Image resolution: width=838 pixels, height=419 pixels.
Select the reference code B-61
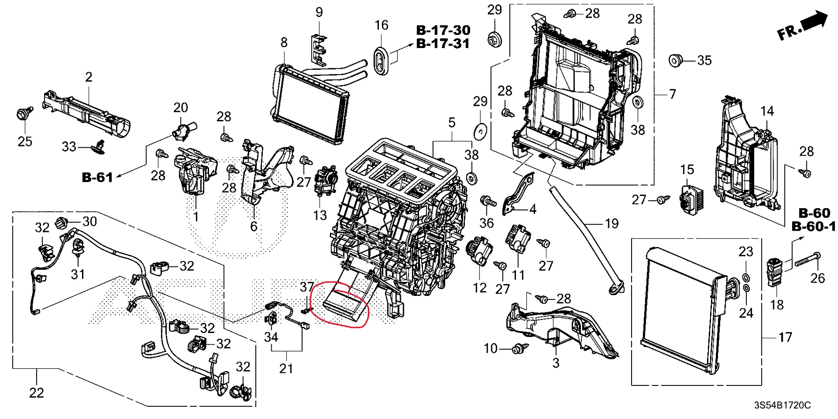97,177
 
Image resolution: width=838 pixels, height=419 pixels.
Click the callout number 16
381,25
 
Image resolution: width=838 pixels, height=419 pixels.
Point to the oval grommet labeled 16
381,62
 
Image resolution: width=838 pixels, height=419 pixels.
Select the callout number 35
704,60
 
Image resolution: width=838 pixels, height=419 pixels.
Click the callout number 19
611,224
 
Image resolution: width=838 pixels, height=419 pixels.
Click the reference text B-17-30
443,30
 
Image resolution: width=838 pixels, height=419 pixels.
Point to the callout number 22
37,393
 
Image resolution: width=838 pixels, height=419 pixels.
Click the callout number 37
307,287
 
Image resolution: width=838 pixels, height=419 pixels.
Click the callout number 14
767,111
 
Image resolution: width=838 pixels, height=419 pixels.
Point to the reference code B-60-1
813,227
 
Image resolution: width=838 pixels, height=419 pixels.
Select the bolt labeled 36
487,202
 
